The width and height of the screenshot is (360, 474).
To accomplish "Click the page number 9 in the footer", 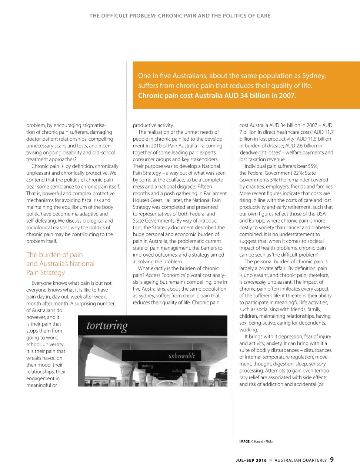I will (332, 460).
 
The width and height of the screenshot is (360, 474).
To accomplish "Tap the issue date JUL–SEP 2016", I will (251, 460).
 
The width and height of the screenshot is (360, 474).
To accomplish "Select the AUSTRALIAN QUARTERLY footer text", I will (301, 460).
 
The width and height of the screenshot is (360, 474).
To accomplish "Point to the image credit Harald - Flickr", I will (263, 441).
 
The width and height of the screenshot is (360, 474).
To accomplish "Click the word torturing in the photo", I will (107, 326).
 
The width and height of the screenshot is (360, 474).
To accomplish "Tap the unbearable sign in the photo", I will (181, 355).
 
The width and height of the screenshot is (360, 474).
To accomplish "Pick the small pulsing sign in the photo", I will (147, 366).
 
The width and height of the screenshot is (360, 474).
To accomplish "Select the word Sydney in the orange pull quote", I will (314, 76).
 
